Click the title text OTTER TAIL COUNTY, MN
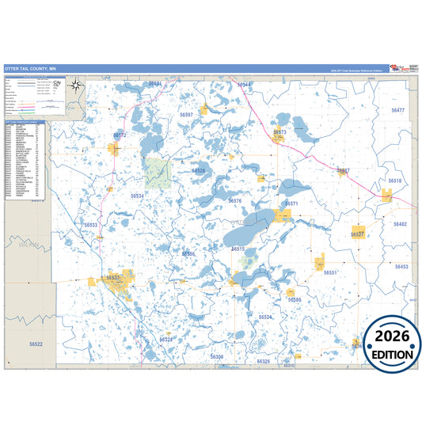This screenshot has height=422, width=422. coord(30,69)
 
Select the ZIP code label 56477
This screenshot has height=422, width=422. coord(397,110)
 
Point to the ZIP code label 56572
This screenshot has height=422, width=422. coord(120,135)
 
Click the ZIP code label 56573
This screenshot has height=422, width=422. coord(279,132)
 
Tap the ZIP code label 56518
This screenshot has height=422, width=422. coord(395,181)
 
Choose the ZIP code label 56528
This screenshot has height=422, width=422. coord(199,170)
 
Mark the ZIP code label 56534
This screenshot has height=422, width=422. coord(138,195)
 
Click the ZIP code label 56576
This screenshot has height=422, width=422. coord(234,201)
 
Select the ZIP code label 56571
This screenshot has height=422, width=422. coord(291,203)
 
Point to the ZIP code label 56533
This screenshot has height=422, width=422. coord(91,225)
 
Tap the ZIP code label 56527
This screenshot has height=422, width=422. coord(358,235)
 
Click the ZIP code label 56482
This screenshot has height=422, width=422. coord(400,225)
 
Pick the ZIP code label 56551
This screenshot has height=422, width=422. coord(330,272)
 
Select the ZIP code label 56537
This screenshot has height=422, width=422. coord(113,278)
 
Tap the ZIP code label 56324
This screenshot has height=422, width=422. coord(165,340)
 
